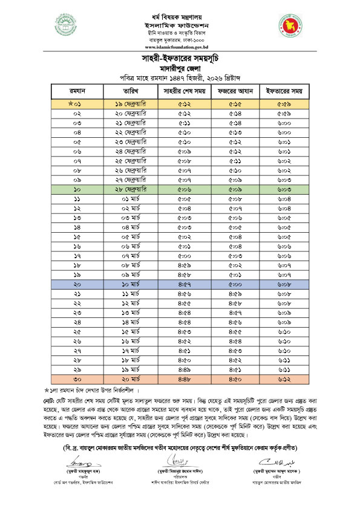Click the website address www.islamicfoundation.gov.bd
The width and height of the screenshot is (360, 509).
pos(180,46)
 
